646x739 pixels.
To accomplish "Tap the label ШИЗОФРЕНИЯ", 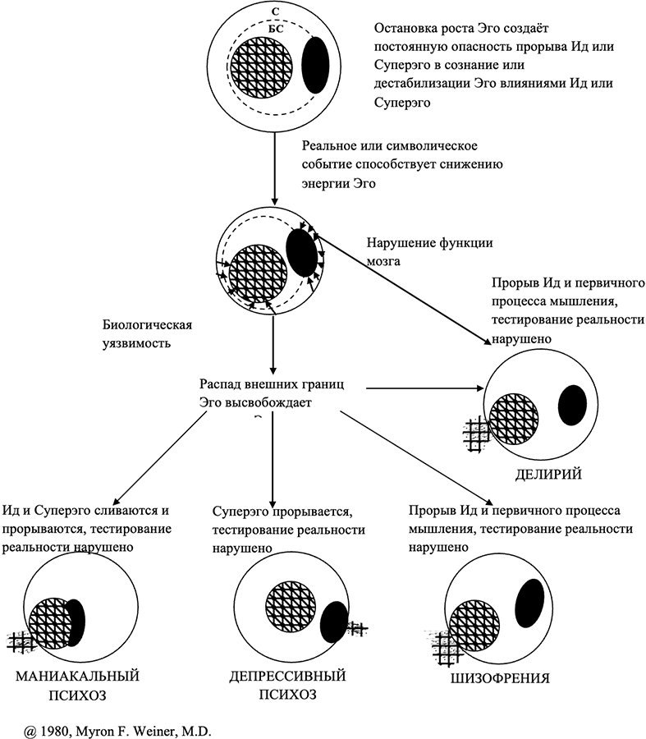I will [x=500, y=679].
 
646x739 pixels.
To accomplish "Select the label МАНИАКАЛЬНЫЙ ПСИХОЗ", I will [x=79, y=686].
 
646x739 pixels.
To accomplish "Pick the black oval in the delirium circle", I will [x=572, y=405].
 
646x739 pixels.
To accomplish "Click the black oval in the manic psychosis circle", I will [x=75, y=622].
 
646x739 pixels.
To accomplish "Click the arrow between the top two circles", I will [x=274, y=164].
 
